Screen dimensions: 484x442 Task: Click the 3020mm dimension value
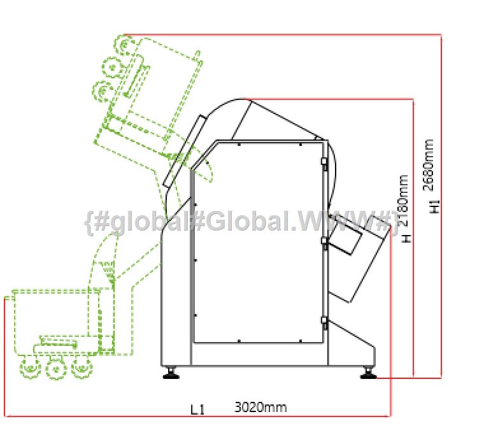[x=260, y=407]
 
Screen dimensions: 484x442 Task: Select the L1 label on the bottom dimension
[x=197, y=410]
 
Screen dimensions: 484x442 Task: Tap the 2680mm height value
[x=429, y=165]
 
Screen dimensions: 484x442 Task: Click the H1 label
[x=434, y=206]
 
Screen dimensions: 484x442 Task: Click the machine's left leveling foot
[x=171, y=372]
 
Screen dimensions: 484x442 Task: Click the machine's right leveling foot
[x=368, y=372]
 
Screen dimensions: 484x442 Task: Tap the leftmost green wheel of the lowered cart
[x=31, y=367]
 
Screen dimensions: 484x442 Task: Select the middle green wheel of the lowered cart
[x=56, y=369]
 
